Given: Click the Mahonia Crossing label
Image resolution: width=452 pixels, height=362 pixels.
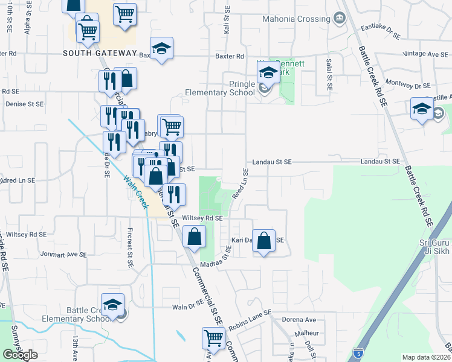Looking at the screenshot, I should click(x=295, y=19).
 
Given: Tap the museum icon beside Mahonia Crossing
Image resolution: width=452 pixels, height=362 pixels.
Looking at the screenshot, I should click(x=339, y=18).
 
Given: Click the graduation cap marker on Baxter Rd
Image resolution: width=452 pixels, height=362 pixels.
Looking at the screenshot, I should click(x=161, y=49).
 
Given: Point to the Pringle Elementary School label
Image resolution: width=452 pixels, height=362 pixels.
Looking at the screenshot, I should click(x=220, y=88).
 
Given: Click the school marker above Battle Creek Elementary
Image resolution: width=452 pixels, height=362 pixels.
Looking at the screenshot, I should click(x=112, y=304).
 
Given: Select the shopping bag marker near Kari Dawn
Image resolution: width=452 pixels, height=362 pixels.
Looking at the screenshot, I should click(x=263, y=241).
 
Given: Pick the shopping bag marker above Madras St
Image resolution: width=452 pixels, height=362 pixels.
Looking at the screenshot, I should click(x=194, y=237).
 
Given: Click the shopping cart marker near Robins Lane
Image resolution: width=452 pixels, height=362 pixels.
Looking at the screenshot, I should click(x=213, y=338).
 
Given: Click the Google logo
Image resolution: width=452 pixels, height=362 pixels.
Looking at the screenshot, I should click(x=21, y=355).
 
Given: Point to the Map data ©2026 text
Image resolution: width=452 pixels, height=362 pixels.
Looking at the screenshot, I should click(x=425, y=357).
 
